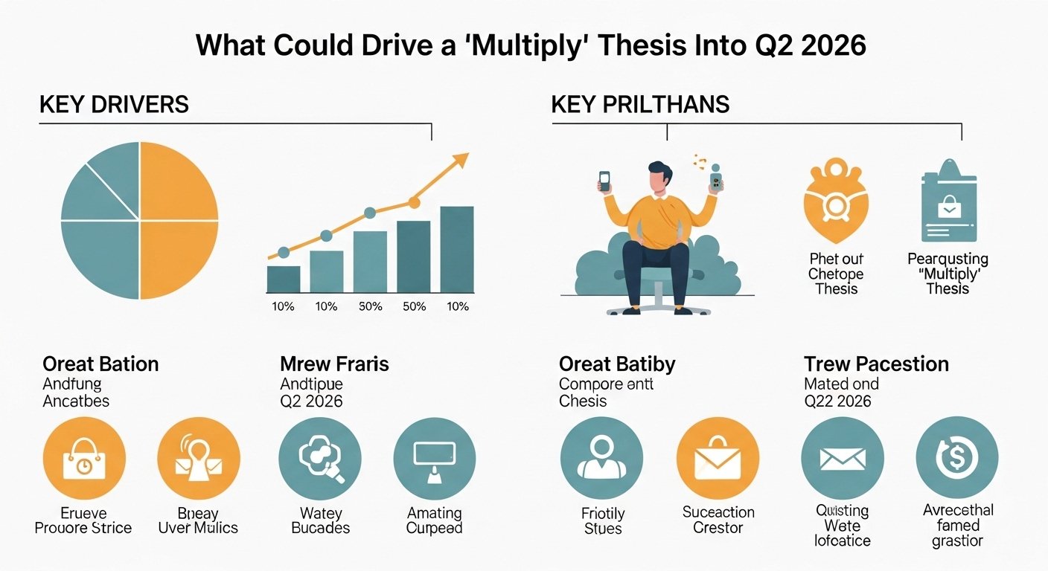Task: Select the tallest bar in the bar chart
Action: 456,249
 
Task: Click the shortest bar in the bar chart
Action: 283,279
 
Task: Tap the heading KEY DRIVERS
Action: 114,105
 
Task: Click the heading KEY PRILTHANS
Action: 640,105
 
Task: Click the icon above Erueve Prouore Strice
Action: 84,458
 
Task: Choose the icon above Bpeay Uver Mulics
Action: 199,458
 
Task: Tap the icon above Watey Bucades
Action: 320,458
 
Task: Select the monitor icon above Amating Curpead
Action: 434,458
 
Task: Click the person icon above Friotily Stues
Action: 601,458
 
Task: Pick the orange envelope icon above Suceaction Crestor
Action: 718,458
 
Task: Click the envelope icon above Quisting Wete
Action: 843,458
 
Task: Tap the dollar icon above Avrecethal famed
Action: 956,458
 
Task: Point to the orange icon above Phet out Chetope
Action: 837,201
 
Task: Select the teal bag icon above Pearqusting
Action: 948,201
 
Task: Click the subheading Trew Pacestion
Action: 876,364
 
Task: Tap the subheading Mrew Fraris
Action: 334,364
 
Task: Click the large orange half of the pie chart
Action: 179,220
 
